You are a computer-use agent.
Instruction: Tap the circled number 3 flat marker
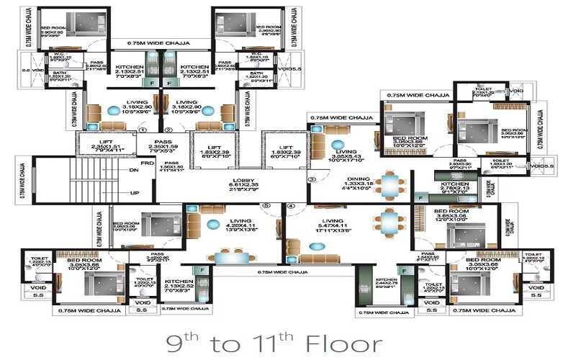(311, 179)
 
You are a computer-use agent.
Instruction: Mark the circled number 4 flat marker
(292, 206)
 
